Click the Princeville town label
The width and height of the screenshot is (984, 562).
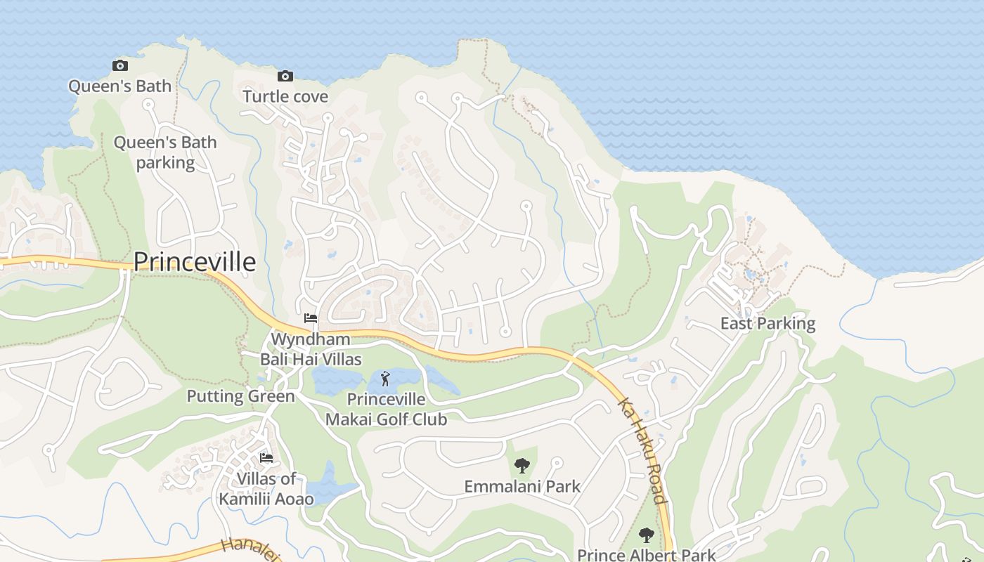click(194, 261)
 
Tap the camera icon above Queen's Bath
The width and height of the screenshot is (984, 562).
click(120, 66)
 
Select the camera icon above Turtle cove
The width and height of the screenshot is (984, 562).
click(285, 76)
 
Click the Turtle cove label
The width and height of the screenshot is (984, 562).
click(285, 96)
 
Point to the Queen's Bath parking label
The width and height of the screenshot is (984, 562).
click(165, 152)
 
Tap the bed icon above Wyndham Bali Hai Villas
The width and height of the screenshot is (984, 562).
click(311, 318)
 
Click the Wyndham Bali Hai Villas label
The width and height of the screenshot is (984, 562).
click(311, 349)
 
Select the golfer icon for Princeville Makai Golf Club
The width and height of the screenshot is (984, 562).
click(385, 379)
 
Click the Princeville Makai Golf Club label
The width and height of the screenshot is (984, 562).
click(386, 410)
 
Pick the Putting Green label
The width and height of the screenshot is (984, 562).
click(240, 396)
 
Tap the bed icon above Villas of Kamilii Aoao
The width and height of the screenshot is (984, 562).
click(266, 458)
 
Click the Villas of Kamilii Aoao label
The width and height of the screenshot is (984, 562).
click(266, 489)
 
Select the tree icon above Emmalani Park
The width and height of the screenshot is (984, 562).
click(522, 465)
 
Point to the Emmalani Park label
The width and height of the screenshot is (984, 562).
click(522, 485)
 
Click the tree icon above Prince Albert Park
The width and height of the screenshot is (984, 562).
click(647, 535)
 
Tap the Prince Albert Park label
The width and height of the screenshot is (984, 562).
click(647, 554)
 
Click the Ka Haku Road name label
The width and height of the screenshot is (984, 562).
click(642, 451)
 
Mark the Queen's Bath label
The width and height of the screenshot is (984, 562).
click(119, 86)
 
